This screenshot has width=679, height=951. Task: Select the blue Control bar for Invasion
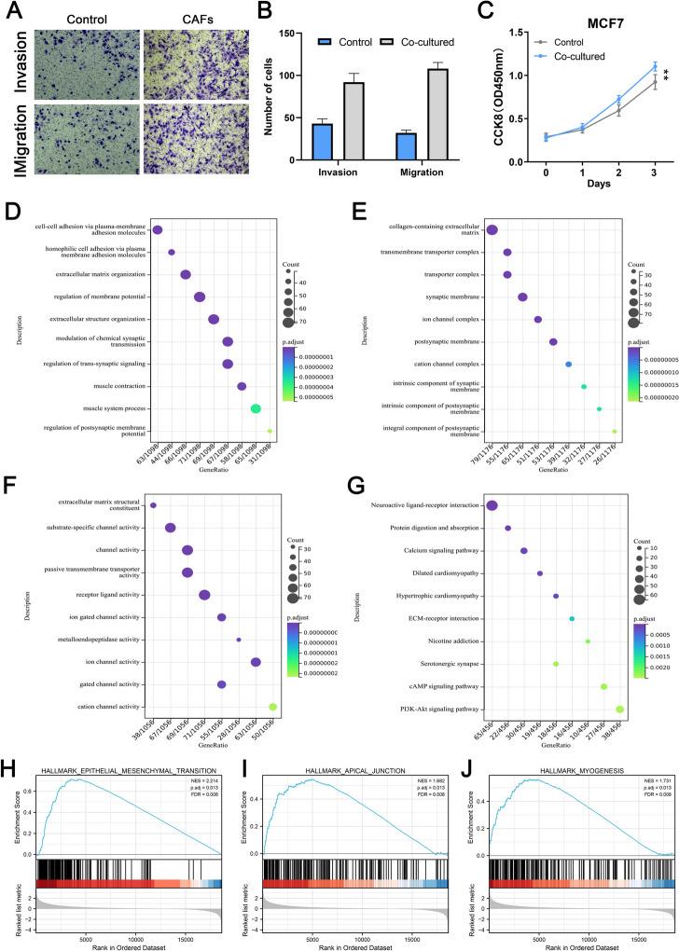(323, 142)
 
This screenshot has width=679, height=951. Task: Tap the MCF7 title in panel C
(578, 22)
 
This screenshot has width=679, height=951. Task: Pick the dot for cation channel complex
(568, 364)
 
